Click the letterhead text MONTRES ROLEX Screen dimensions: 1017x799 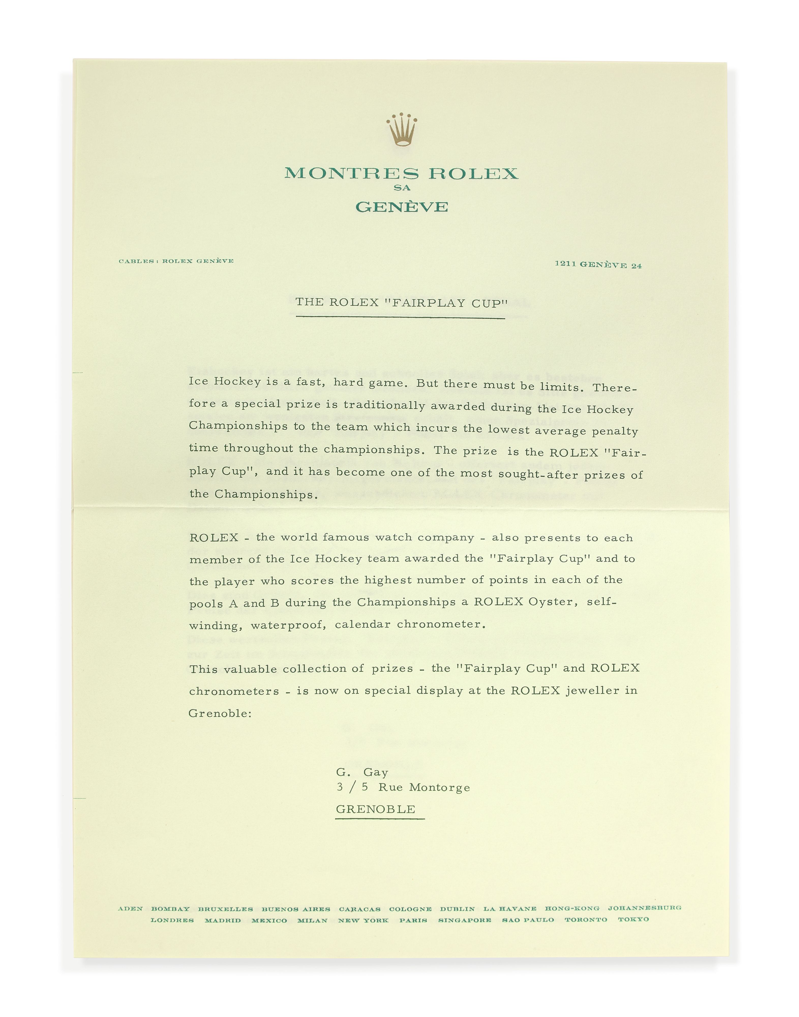[x=401, y=174]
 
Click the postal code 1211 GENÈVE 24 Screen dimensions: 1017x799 [x=598, y=265]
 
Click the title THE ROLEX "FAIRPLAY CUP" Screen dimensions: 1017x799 [x=401, y=302]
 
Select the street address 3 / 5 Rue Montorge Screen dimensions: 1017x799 [x=403, y=787]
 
